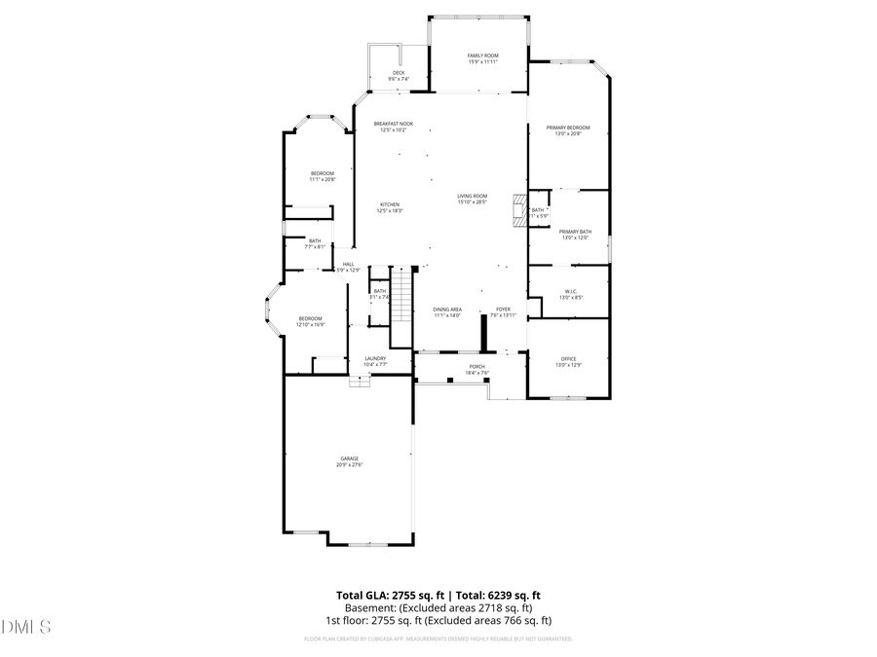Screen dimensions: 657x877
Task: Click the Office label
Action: coord(568,362)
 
